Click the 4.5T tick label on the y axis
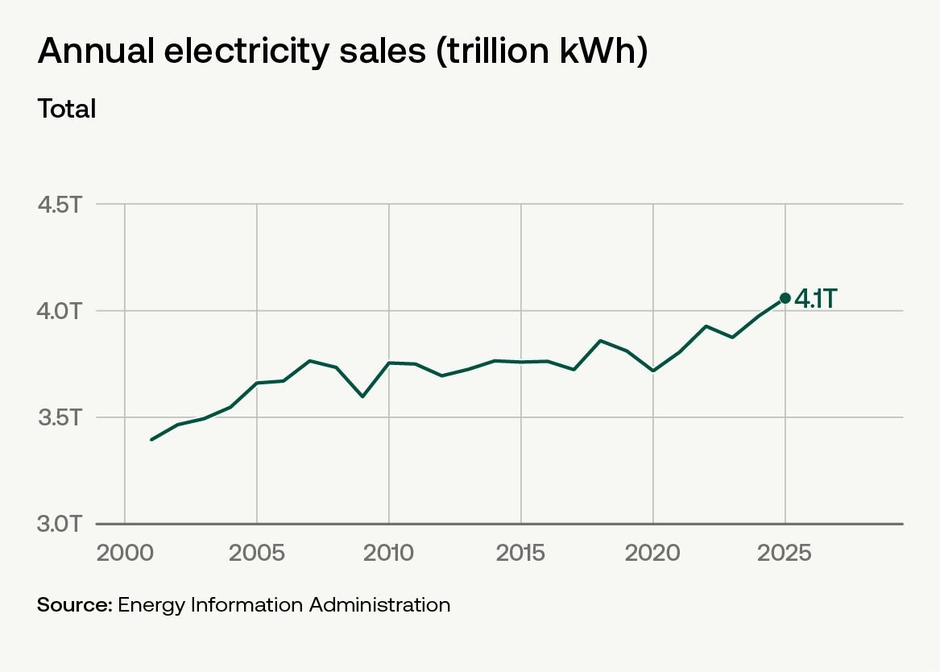click(59, 205)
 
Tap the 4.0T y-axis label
click(59, 311)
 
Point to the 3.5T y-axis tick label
click(59, 417)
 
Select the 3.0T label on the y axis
click(59, 523)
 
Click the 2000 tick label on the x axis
click(125, 553)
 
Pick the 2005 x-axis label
click(257, 553)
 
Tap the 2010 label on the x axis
click(388, 553)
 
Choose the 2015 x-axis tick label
click(520, 553)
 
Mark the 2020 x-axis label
click(652, 553)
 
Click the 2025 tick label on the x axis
click(784, 553)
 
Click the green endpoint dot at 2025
click(785, 298)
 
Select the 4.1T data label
click(816, 299)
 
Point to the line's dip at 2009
click(362, 396)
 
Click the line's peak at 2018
click(600, 341)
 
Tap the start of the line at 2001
click(151, 439)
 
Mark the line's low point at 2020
click(652, 371)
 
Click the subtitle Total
click(67, 109)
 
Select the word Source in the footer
click(74, 605)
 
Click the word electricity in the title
click(246, 50)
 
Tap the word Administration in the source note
click(380, 605)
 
